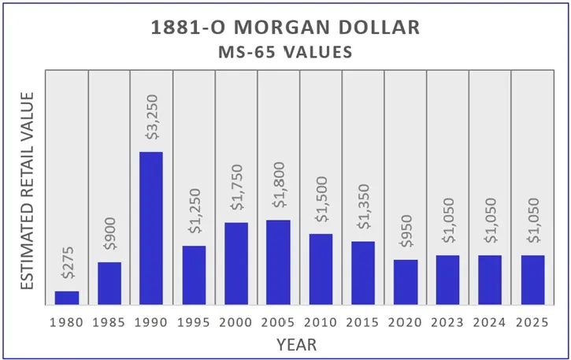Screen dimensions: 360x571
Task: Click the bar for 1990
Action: [x=151, y=228]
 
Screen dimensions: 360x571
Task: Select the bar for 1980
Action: [x=67, y=298]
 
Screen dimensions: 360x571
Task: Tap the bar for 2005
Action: [x=278, y=262]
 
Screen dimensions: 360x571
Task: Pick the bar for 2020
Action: [x=406, y=282]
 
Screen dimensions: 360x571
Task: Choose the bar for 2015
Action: [x=363, y=273]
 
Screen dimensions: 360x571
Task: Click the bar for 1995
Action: [x=194, y=275]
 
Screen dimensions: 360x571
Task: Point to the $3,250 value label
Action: [x=151, y=119]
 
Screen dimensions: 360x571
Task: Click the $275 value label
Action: [x=67, y=266]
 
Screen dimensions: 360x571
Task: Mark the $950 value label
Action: [x=406, y=235]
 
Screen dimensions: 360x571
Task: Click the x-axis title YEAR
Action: [x=297, y=344]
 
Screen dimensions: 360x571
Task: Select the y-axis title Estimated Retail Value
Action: [x=28, y=189]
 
